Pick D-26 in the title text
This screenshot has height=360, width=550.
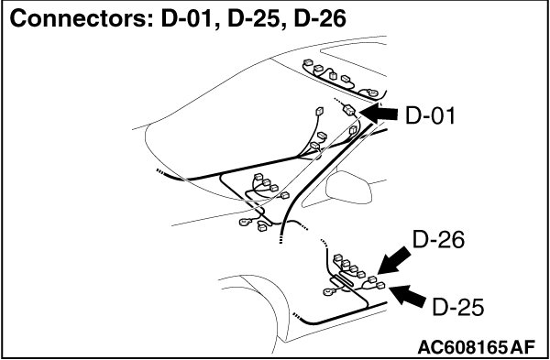320,19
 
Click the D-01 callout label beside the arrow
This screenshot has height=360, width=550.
430,115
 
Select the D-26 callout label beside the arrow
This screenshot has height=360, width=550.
438,240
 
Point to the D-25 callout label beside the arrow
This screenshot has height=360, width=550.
457,308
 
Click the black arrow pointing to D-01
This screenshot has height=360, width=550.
378,114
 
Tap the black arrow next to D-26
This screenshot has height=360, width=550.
394,260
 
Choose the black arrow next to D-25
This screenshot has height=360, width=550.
408,296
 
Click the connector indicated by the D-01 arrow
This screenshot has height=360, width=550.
349,111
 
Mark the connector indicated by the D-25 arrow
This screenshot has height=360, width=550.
380,286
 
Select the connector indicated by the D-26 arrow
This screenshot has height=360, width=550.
372,279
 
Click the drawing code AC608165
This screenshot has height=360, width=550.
462,347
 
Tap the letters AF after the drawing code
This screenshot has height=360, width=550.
522,347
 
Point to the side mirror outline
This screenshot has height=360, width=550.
348,187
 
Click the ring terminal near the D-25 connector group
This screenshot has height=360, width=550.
330,291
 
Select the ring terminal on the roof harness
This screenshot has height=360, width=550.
372,93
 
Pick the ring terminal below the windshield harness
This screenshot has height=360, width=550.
245,222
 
